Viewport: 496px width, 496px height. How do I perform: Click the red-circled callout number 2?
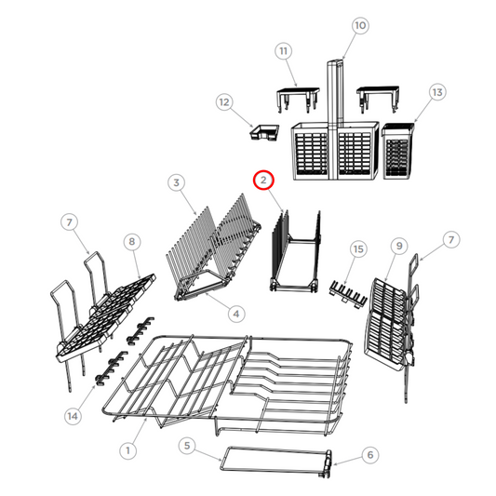263,179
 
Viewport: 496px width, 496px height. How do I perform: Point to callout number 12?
223,101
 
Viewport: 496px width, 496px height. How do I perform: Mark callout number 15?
358,248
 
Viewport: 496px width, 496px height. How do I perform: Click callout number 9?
398,246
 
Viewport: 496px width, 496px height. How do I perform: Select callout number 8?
131,241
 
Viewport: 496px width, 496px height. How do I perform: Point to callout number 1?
129,449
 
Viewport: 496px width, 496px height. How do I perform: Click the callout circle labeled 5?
188,447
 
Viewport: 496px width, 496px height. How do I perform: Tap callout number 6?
369,455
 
